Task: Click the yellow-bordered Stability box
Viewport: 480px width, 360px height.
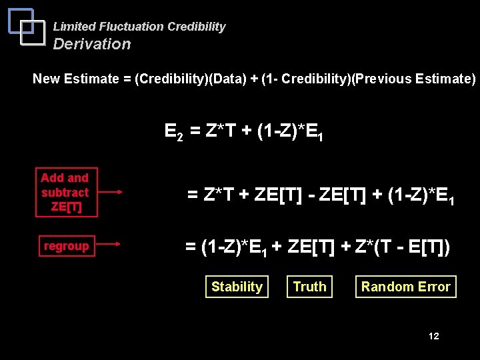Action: tap(237, 287)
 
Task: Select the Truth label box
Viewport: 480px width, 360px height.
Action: tap(310, 287)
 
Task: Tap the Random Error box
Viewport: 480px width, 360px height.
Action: tap(405, 287)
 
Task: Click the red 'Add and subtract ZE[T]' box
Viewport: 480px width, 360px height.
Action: tap(65, 192)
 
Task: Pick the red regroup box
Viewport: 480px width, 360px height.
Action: tap(66, 246)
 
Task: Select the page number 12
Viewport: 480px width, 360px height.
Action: tap(433, 336)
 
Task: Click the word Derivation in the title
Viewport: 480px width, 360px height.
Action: tap(92, 44)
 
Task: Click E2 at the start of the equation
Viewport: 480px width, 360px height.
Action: tap(174, 131)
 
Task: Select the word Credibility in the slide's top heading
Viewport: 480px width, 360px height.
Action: tap(197, 27)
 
